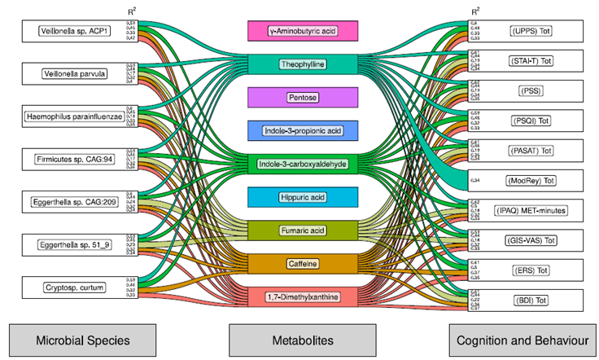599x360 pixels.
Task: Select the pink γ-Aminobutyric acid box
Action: point(302,32)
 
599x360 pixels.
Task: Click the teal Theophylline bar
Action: point(302,64)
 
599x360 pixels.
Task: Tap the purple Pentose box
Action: point(302,97)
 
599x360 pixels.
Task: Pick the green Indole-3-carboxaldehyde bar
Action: point(302,164)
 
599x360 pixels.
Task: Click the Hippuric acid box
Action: point(302,197)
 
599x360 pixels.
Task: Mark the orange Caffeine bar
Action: point(302,264)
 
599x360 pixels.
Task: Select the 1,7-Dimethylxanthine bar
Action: point(302,297)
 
